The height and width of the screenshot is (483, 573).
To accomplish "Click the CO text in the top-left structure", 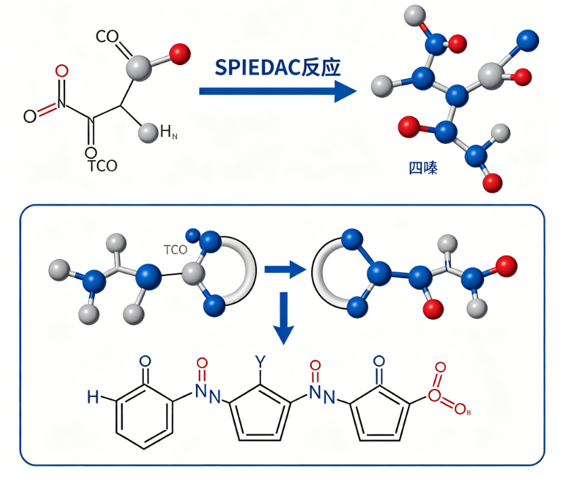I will pyautogui.click(x=107, y=37).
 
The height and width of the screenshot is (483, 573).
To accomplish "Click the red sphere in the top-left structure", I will pyautogui.click(x=180, y=54).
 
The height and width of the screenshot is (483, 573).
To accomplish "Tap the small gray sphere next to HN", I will pyautogui.click(x=147, y=132).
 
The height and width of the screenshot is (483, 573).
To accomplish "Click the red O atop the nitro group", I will pyautogui.click(x=62, y=71).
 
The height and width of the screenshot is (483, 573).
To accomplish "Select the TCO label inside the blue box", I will pyautogui.click(x=175, y=249).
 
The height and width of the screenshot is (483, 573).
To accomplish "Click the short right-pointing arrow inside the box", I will pyautogui.click(x=284, y=271).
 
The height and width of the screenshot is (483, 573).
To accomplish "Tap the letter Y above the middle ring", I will pyautogui.click(x=260, y=360).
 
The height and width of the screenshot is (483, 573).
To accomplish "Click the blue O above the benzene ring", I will pyautogui.click(x=144, y=362).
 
